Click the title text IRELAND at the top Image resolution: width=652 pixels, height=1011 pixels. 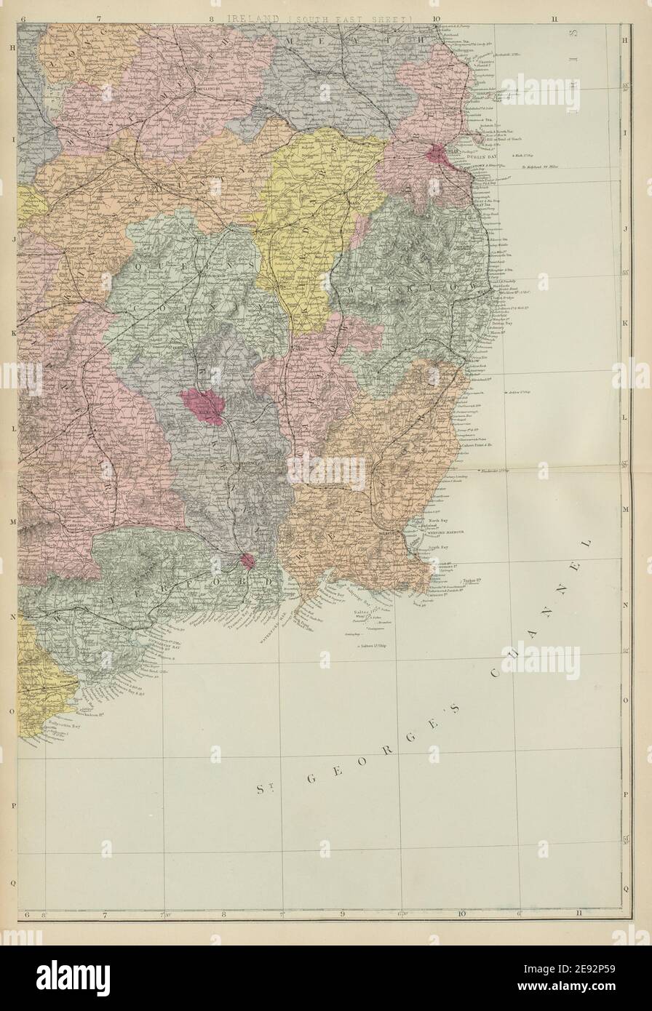coord(251,17)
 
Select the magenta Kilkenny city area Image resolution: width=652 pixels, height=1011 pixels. coord(203,402)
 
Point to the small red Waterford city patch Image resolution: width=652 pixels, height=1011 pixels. coord(247,561)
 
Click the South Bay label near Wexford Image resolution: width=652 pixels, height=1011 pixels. coord(437,547)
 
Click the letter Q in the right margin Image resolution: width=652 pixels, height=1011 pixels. coord(627,888)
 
